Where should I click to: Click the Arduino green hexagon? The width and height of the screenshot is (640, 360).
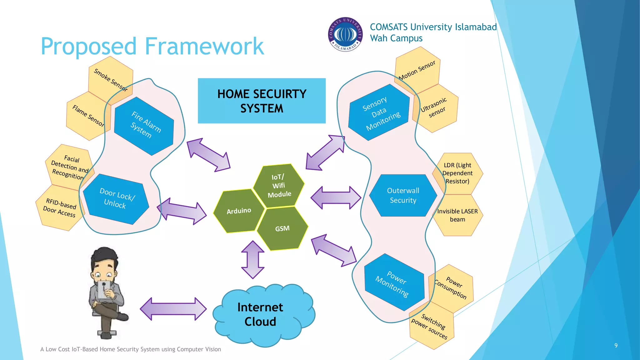tap(239, 211)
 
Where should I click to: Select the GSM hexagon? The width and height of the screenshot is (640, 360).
tap(282, 228)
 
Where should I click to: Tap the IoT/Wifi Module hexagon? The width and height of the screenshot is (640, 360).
tap(279, 186)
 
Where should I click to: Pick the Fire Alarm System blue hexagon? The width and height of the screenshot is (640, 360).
tap(144, 126)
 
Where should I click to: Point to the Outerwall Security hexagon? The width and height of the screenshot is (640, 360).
tap(403, 195)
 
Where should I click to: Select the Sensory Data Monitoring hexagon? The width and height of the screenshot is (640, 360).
tap(379, 112)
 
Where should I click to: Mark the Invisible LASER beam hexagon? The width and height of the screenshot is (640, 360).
tap(457, 215)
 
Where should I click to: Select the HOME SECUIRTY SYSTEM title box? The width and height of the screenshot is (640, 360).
tap(262, 101)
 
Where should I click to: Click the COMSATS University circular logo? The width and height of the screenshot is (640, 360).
tap(345, 34)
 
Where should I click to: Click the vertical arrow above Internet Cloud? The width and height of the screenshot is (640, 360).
tap(253, 259)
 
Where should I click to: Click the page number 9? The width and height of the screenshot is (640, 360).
tap(616, 345)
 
